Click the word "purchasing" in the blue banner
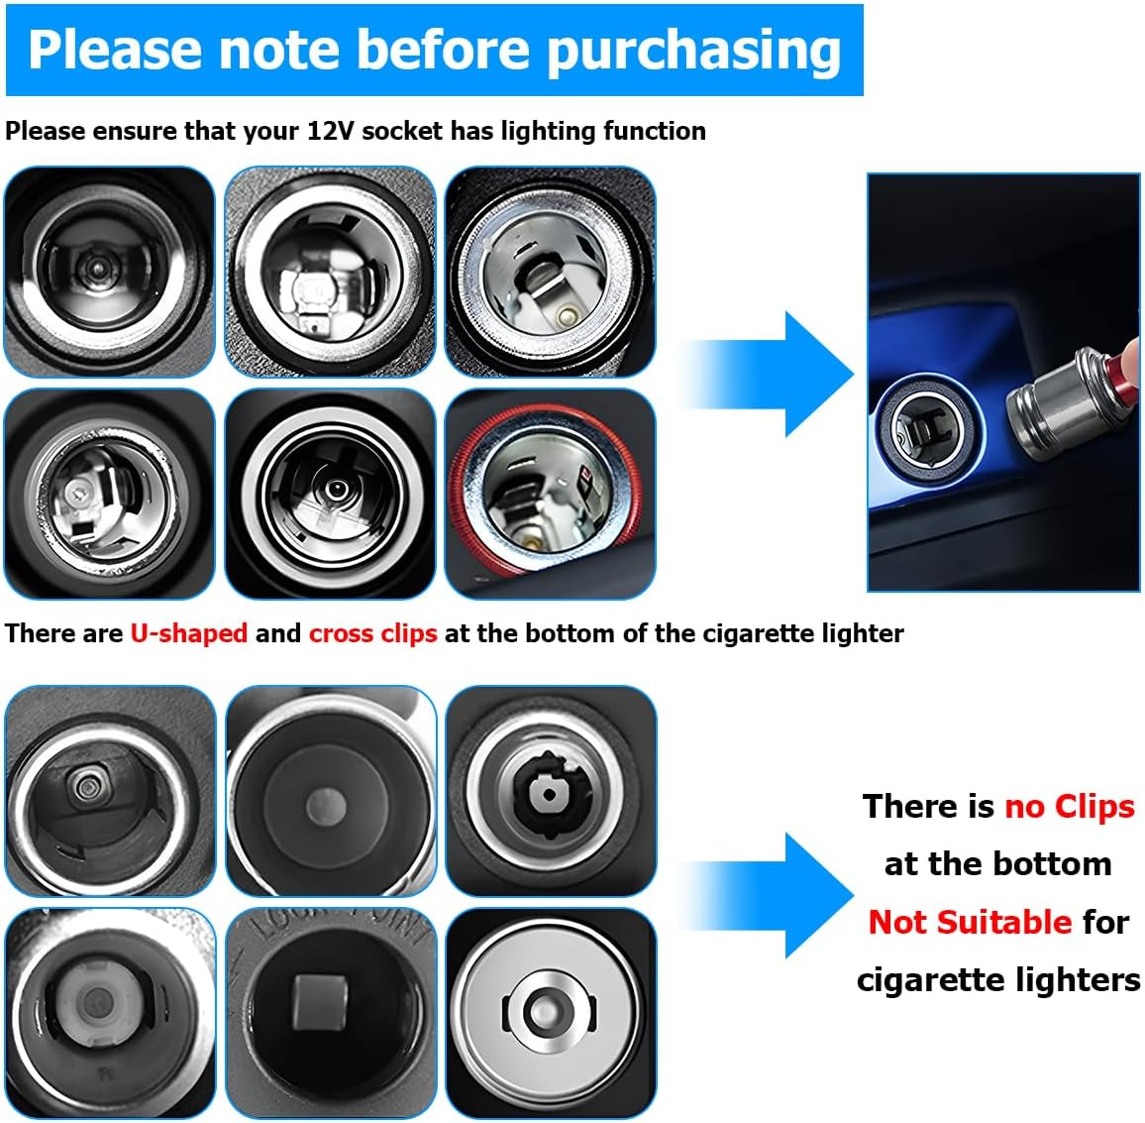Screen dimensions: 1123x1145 pos(693,50)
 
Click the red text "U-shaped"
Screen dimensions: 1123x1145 pos(188,633)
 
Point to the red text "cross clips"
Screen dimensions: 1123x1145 pos(372,633)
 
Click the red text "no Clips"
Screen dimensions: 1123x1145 pos(1069,807)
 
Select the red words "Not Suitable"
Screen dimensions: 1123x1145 pos(970,922)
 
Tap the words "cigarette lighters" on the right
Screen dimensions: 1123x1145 pos(997,979)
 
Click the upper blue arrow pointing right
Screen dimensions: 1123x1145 pos(773,374)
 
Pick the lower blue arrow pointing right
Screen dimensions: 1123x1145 pos(773,895)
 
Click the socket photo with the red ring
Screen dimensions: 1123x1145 pos(550,494)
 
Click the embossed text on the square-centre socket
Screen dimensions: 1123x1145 pos(337,930)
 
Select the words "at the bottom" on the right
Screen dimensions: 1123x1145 pos(997,864)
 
